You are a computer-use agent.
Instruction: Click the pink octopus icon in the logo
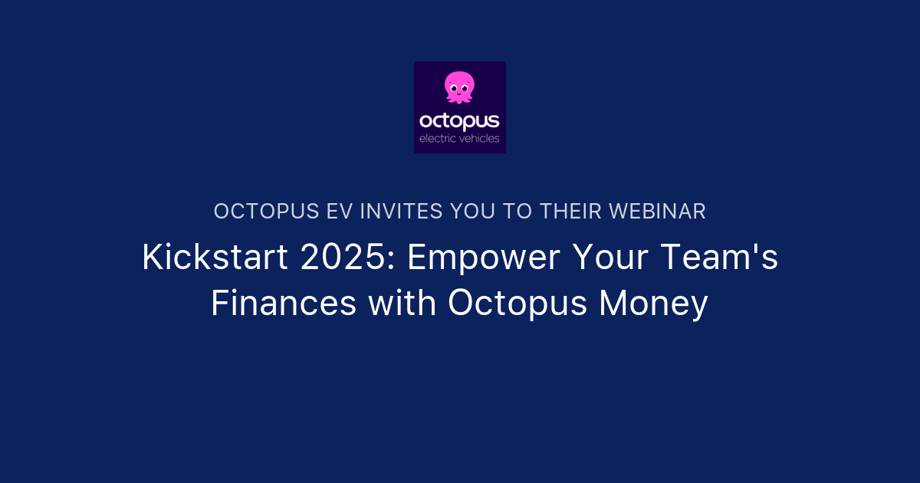459,87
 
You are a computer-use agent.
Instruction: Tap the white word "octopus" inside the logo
459,121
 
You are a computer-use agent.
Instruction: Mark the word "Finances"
284,304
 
